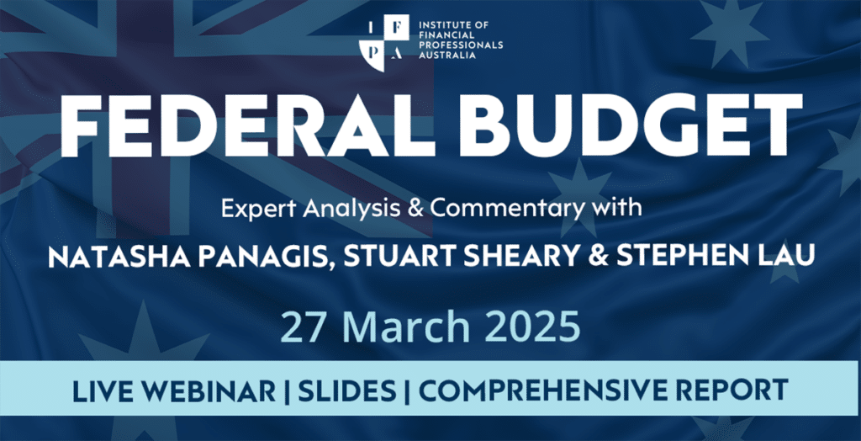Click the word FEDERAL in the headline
tap(243, 124)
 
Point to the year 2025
tap(531, 327)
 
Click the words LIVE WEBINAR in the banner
tap(174, 390)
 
